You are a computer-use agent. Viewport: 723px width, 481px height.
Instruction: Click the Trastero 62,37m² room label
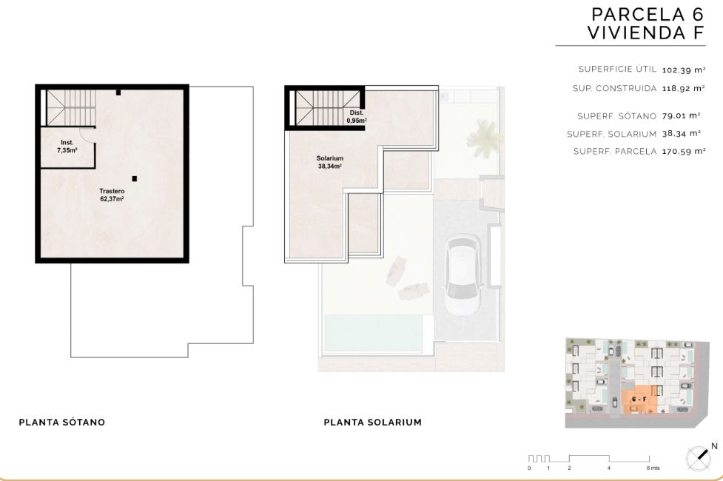[x=112, y=195]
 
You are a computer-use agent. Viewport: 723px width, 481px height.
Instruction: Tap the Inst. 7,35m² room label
[x=67, y=147]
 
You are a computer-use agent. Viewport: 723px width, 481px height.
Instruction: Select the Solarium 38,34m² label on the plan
[x=330, y=162]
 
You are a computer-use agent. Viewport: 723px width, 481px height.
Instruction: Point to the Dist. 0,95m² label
[x=357, y=117]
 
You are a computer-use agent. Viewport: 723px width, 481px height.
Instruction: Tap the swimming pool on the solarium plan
[x=374, y=332]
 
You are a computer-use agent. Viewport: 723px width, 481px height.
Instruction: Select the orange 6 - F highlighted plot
[x=639, y=400]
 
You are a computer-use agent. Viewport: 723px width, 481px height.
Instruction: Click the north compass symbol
[x=698, y=458]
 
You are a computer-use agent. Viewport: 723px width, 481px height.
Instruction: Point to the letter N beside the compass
[x=714, y=446]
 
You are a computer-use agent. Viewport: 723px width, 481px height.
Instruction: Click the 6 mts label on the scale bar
[x=653, y=468]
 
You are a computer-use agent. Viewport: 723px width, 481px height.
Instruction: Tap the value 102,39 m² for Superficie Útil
[x=684, y=70]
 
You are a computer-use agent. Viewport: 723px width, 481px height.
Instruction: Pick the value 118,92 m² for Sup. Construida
[x=684, y=88]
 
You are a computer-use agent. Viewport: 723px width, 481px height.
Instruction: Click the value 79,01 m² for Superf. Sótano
[x=682, y=115]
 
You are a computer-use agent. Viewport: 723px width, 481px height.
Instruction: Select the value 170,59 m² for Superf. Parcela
[x=684, y=151]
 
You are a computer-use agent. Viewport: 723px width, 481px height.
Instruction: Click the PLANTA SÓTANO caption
[x=61, y=422]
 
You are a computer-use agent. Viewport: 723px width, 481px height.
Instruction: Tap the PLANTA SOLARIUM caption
[x=372, y=422]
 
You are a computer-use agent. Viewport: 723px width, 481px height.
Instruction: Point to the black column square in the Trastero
[x=134, y=178]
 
